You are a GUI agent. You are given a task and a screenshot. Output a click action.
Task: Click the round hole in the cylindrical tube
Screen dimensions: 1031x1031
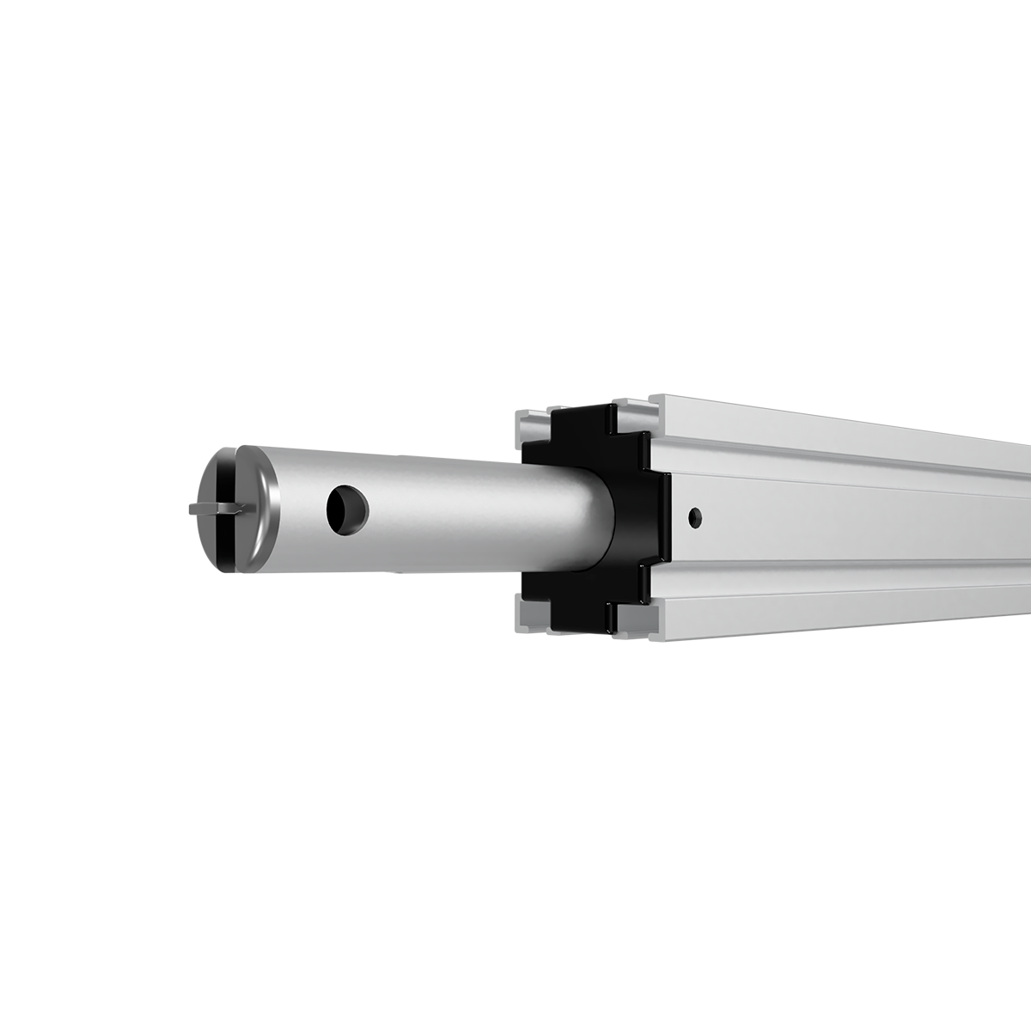346,508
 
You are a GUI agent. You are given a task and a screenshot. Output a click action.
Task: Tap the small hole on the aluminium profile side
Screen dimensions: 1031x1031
695,517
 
